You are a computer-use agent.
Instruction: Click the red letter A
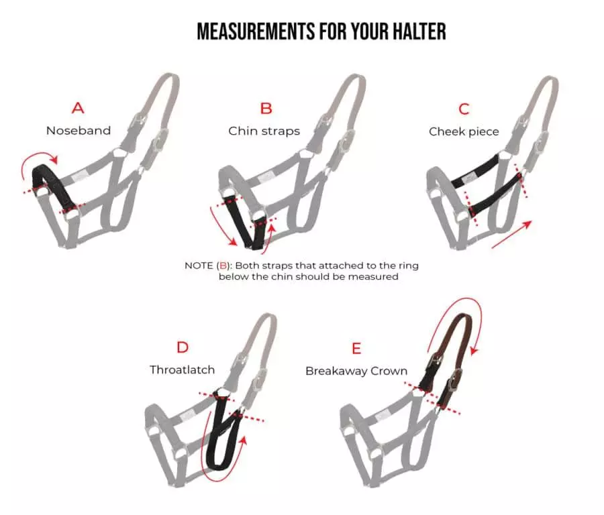point(79,108)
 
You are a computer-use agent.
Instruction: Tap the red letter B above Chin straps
point(266,108)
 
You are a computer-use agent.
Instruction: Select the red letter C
point(464,109)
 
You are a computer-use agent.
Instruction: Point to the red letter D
point(182,347)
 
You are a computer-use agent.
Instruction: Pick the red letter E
point(356,348)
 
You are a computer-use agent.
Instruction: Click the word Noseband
point(79,131)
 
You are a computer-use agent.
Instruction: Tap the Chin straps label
point(264,131)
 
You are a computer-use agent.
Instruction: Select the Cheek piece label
point(464,131)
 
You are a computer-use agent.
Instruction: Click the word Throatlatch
point(183,369)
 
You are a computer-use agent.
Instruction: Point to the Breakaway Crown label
point(356,371)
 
